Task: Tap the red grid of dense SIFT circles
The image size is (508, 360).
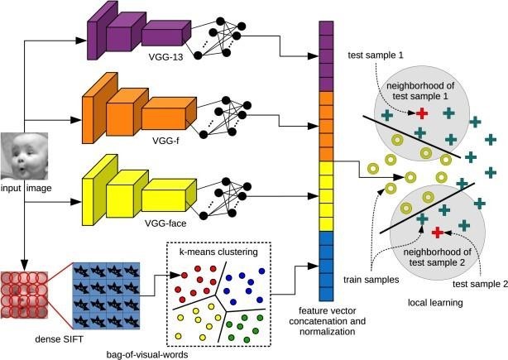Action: point(28,293)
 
